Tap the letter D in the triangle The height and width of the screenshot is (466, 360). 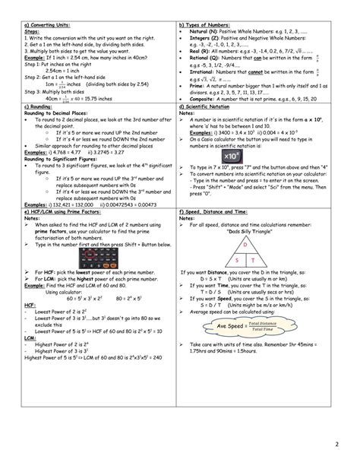coord(245,246)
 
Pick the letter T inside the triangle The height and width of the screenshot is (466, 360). coord(254,261)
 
